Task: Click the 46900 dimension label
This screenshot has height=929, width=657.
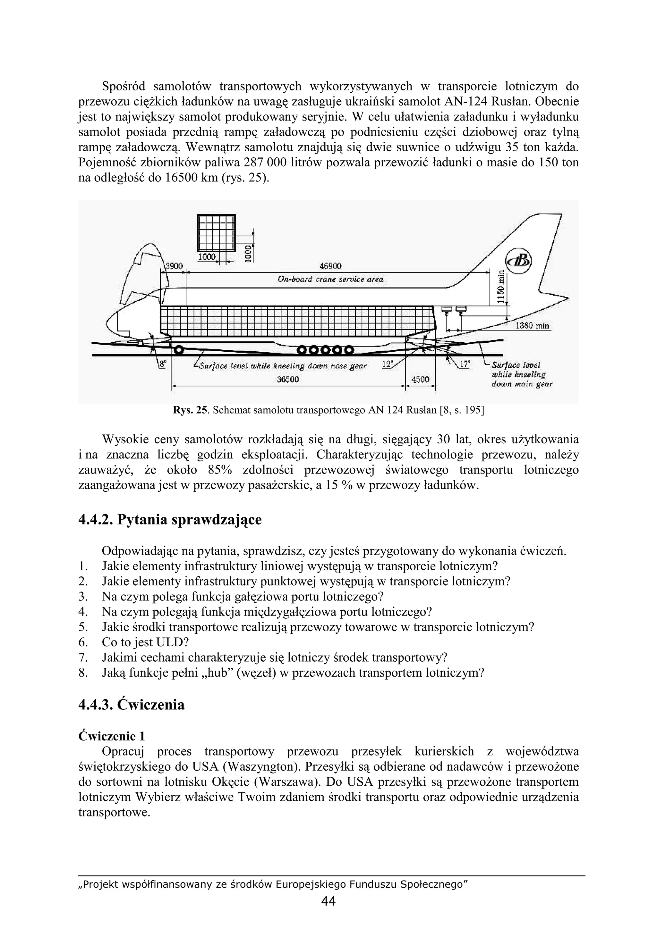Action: (330, 266)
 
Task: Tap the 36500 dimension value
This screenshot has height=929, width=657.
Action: (288, 380)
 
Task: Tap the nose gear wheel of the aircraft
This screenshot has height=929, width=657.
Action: (178, 349)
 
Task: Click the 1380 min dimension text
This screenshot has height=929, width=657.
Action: (532, 326)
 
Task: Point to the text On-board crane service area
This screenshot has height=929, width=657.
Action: (330, 280)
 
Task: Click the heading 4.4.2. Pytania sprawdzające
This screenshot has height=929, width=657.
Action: (170, 520)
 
